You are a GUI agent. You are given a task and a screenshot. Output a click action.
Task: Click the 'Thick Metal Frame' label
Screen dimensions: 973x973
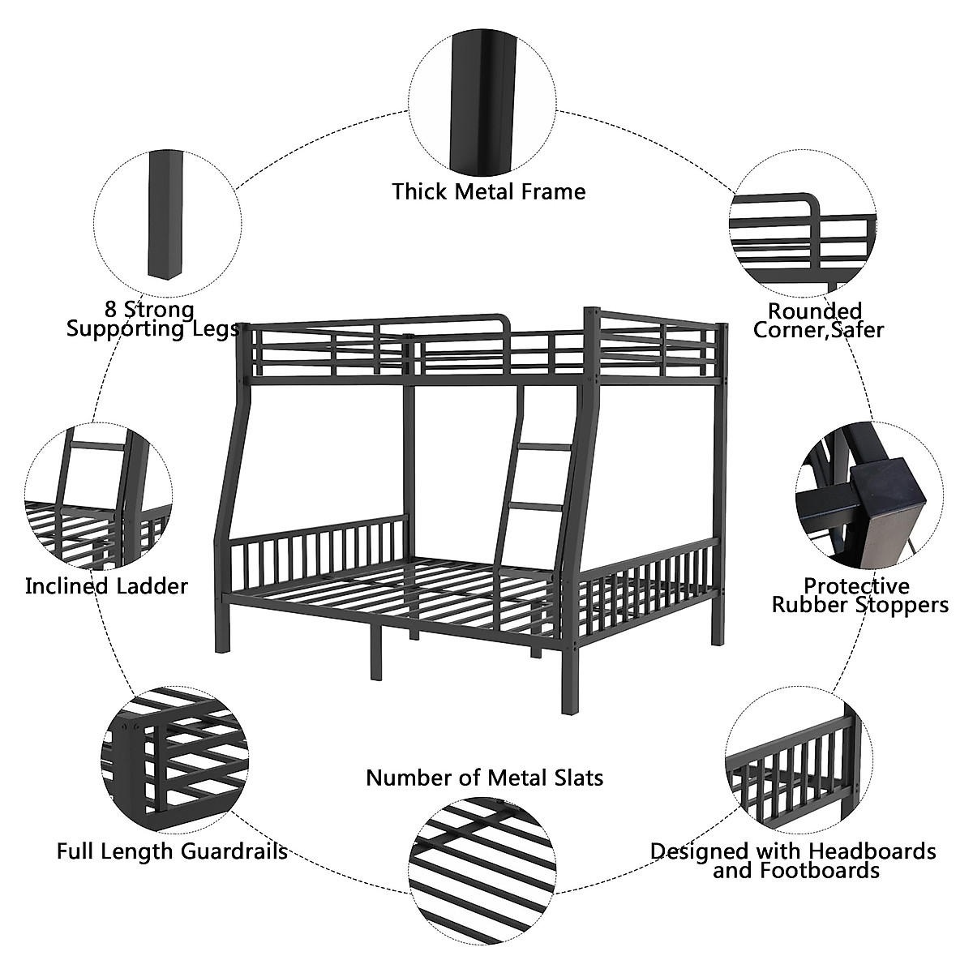(488, 192)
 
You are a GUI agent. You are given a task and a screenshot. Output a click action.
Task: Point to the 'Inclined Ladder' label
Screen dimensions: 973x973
(106, 586)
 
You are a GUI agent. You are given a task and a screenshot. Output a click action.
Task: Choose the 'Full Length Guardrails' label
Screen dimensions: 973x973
(172, 851)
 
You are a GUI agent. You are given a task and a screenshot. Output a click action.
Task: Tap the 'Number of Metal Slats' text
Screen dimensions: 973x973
(485, 778)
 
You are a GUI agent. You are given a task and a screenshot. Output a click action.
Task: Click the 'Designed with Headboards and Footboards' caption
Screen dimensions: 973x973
(794, 861)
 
